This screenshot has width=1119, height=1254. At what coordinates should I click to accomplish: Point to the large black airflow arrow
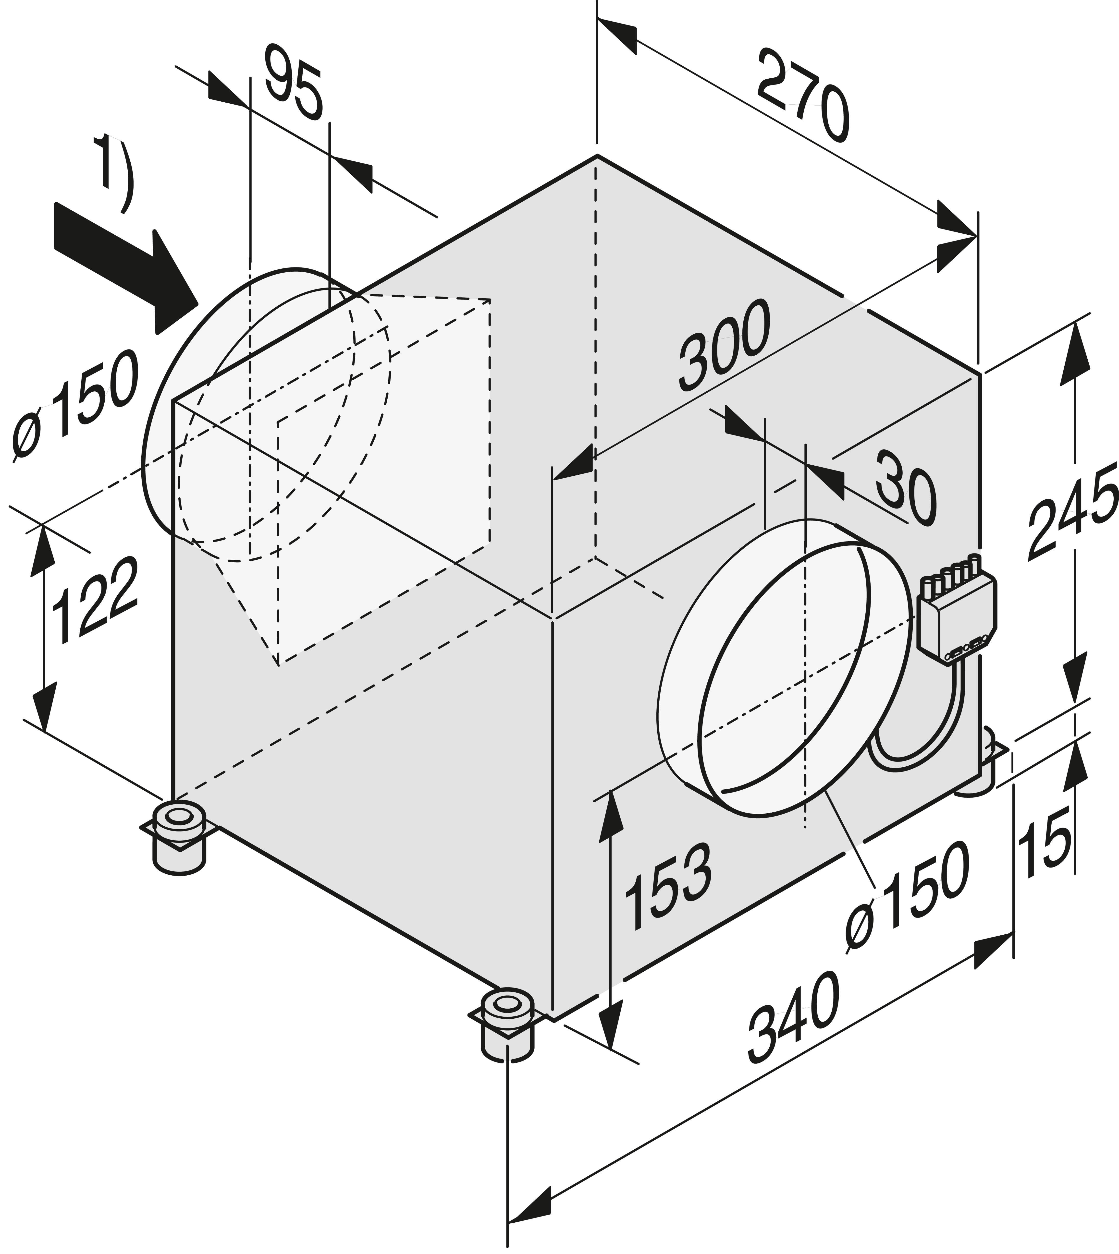coord(126,267)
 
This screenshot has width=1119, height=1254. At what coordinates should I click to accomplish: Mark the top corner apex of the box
coord(596,155)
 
